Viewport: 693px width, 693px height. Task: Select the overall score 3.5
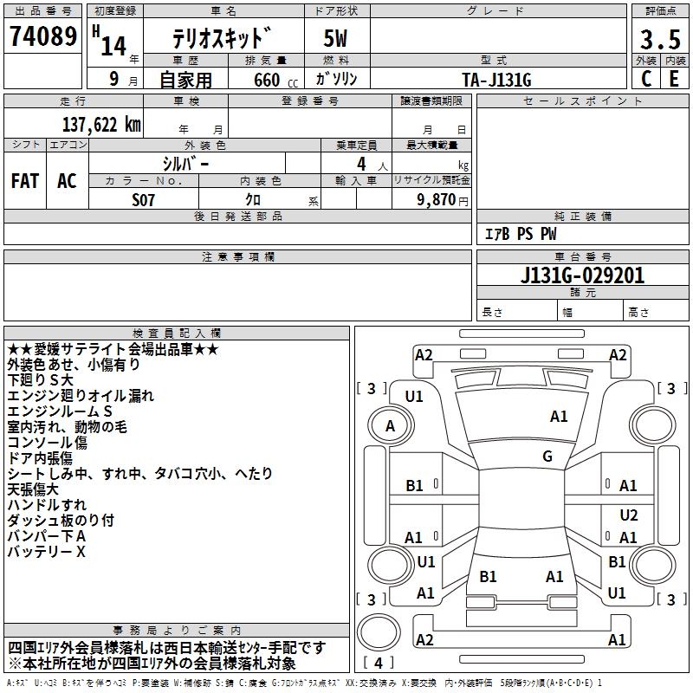[658, 40]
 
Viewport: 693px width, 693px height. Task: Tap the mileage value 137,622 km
[101, 125]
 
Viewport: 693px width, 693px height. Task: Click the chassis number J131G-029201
[582, 275]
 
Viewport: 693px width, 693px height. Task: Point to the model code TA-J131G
[496, 79]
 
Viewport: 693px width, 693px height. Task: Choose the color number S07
[144, 199]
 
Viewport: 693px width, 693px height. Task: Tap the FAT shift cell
[25, 181]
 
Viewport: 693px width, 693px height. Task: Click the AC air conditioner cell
[67, 181]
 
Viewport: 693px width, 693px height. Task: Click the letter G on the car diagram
[547, 457]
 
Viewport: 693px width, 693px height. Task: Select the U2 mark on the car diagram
[629, 515]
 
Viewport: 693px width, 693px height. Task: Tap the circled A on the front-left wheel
[390, 425]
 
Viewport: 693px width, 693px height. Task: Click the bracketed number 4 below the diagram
[382, 663]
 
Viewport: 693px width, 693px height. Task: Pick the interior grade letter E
[674, 79]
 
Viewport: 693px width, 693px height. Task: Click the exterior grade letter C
[645, 79]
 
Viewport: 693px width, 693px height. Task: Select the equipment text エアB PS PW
[520, 235]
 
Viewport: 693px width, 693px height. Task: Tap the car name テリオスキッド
[222, 39]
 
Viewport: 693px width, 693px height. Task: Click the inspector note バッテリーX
[47, 552]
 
